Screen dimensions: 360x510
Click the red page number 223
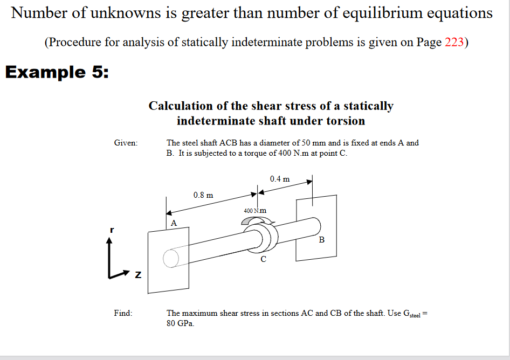coord(454,43)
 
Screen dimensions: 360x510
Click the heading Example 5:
coord(57,72)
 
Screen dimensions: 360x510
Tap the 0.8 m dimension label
coord(203,195)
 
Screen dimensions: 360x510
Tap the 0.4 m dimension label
coord(280,179)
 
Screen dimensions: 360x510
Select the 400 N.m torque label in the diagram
coord(255,211)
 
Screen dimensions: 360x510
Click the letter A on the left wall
coord(174,223)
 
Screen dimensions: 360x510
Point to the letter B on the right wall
coord(322,239)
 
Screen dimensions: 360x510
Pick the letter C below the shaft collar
coord(263,259)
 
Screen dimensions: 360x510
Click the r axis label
coord(112,230)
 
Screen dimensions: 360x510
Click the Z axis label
coord(137,276)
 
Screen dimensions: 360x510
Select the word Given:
coord(126,143)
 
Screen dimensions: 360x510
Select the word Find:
coord(123,313)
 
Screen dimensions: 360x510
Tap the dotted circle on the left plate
coord(170,258)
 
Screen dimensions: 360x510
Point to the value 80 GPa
coord(181,324)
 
